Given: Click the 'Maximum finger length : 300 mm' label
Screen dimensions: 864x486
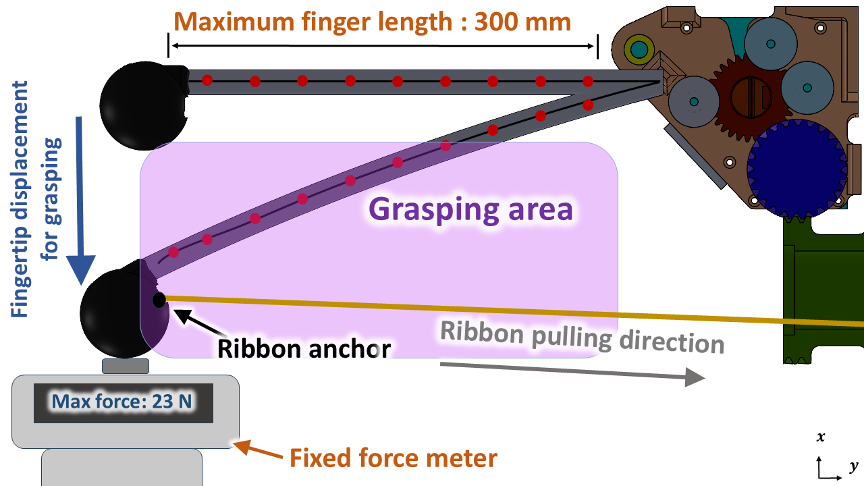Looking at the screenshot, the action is (372, 22).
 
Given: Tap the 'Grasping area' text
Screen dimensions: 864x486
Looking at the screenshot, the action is (470, 209).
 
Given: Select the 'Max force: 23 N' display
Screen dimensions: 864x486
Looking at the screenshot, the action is (122, 402).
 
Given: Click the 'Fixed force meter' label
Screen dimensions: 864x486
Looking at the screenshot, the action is (394, 458).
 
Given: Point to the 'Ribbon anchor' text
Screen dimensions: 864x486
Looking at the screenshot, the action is (304, 349).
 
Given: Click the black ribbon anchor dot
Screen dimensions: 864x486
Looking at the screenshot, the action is (159, 300).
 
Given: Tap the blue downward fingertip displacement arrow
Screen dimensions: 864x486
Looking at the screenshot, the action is (80, 200).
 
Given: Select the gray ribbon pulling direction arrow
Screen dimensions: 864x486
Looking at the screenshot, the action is (573, 372).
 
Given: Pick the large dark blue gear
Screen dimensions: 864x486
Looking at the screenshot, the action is (797, 169).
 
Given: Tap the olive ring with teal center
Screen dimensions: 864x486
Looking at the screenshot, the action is (639, 49).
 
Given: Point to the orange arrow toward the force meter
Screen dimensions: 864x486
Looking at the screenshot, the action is (258, 450).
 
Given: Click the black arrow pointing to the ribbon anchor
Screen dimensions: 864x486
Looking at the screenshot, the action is (199, 322).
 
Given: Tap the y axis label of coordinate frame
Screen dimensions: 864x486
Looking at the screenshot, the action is (853, 467).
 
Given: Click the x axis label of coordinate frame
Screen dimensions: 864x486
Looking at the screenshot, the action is (820, 437).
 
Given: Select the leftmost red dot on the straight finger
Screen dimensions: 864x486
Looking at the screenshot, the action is (207, 80).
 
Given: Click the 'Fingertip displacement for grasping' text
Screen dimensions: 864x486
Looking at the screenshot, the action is (36, 199).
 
